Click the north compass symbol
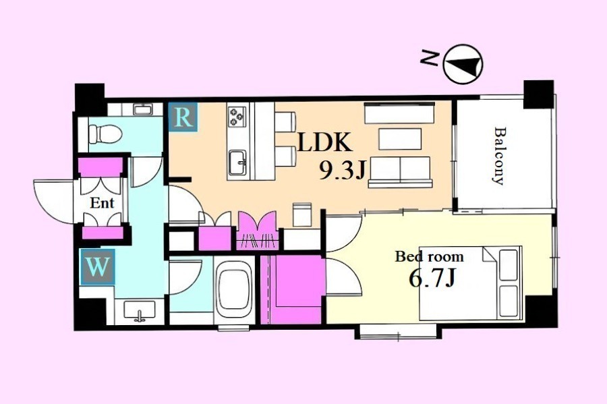click(x=463, y=64)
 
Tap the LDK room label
click(x=325, y=143)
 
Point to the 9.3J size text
click(x=342, y=170)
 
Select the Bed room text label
click(x=429, y=256)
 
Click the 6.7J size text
click(x=432, y=279)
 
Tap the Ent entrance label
click(x=102, y=203)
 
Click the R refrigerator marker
click(x=183, y=117)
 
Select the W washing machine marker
click(x=97, y=266)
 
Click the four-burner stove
click(x=237, y=117)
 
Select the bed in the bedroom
click(x=471, y=283)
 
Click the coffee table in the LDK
click(x=400, y=139)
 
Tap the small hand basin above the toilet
click(x=143, y=109)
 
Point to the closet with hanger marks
click(x=258, y=231)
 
